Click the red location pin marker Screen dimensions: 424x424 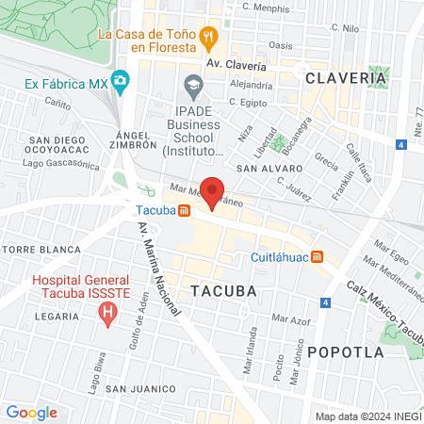coord(212,190)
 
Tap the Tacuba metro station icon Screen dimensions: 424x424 coord(187,209)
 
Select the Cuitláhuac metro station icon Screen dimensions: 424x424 coord(318,256)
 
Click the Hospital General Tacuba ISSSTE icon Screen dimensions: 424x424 coord(109,310)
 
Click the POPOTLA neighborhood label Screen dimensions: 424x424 coord(347,351)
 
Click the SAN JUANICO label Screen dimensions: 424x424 coord(140,388)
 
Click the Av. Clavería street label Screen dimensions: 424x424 coord(236,66)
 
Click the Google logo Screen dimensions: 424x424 coord(31,412)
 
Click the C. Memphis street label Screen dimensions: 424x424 coord(265,7)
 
